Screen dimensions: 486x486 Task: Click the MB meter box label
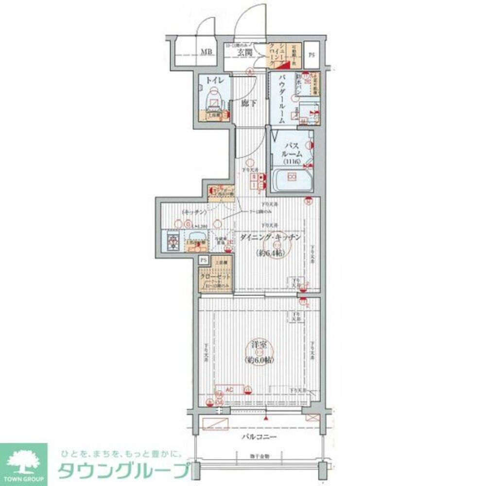(x=207, y=52)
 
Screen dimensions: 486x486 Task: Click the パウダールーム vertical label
(x=282, y=100)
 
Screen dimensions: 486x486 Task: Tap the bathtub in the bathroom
(x=292, y=181)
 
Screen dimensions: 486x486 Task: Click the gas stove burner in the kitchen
(x=173, y=241)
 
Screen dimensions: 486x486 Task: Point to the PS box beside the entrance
(x=312, y=54)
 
